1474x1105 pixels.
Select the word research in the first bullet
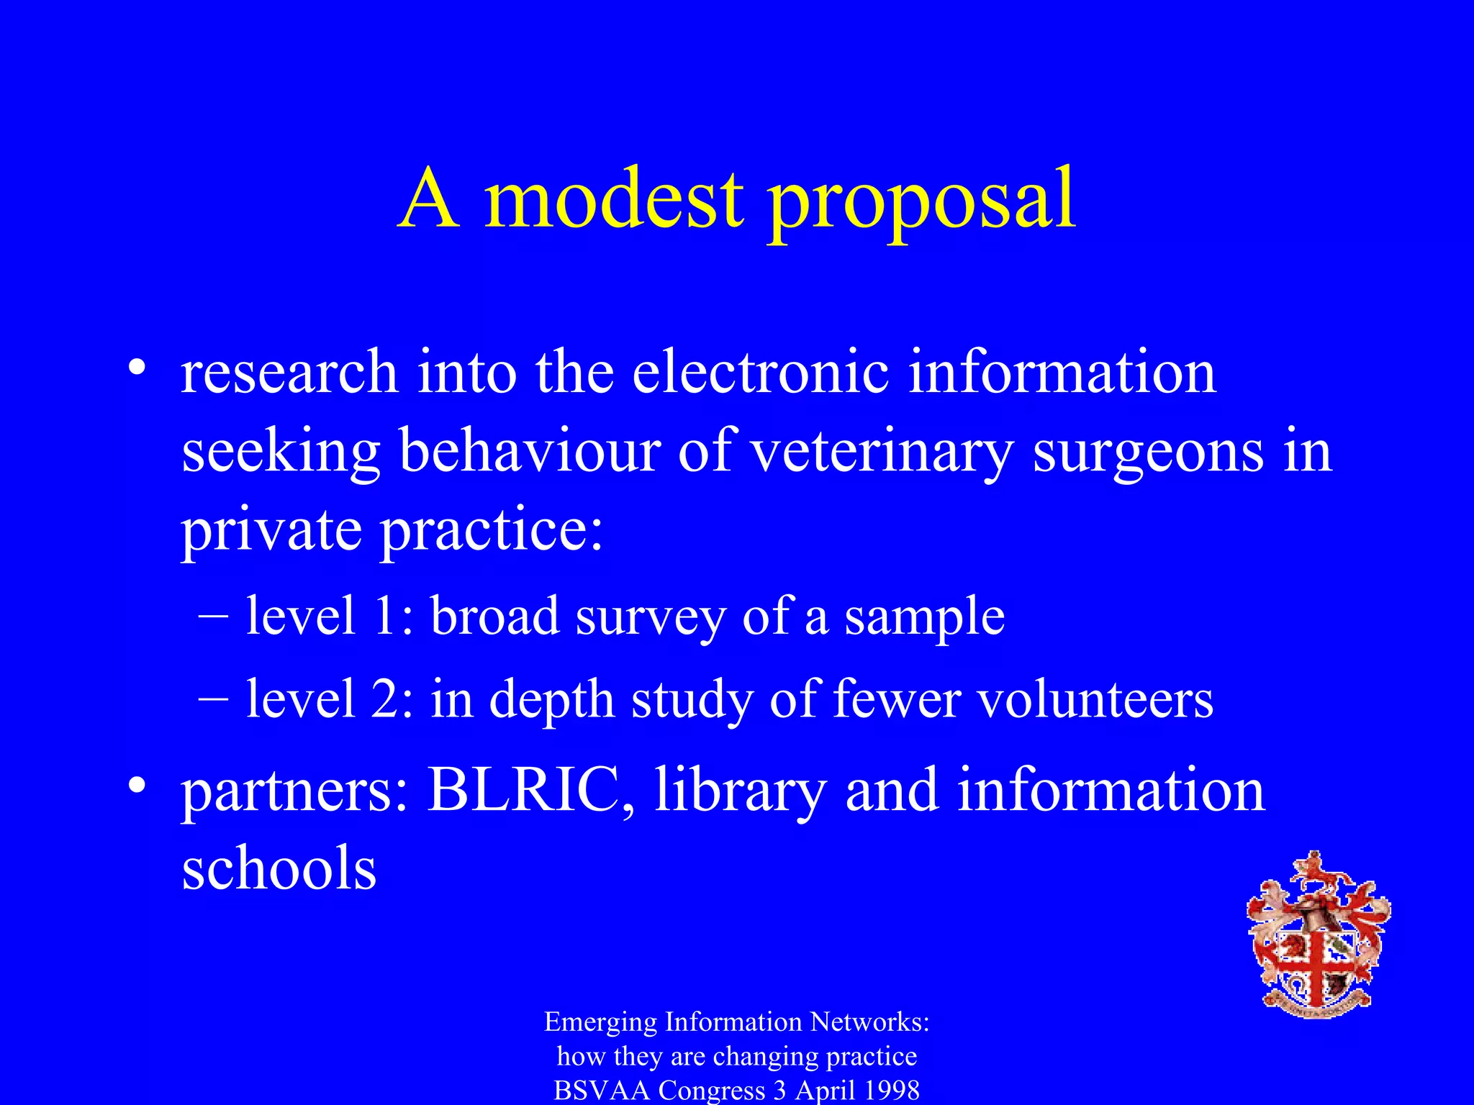pos(289,373)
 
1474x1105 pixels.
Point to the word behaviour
pos(530,451)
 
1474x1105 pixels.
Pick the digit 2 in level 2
pos(385,699)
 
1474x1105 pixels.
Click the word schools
pos(279,868)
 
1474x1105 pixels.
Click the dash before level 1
pos(213,617)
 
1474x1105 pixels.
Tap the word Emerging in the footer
pos(600,1022)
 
